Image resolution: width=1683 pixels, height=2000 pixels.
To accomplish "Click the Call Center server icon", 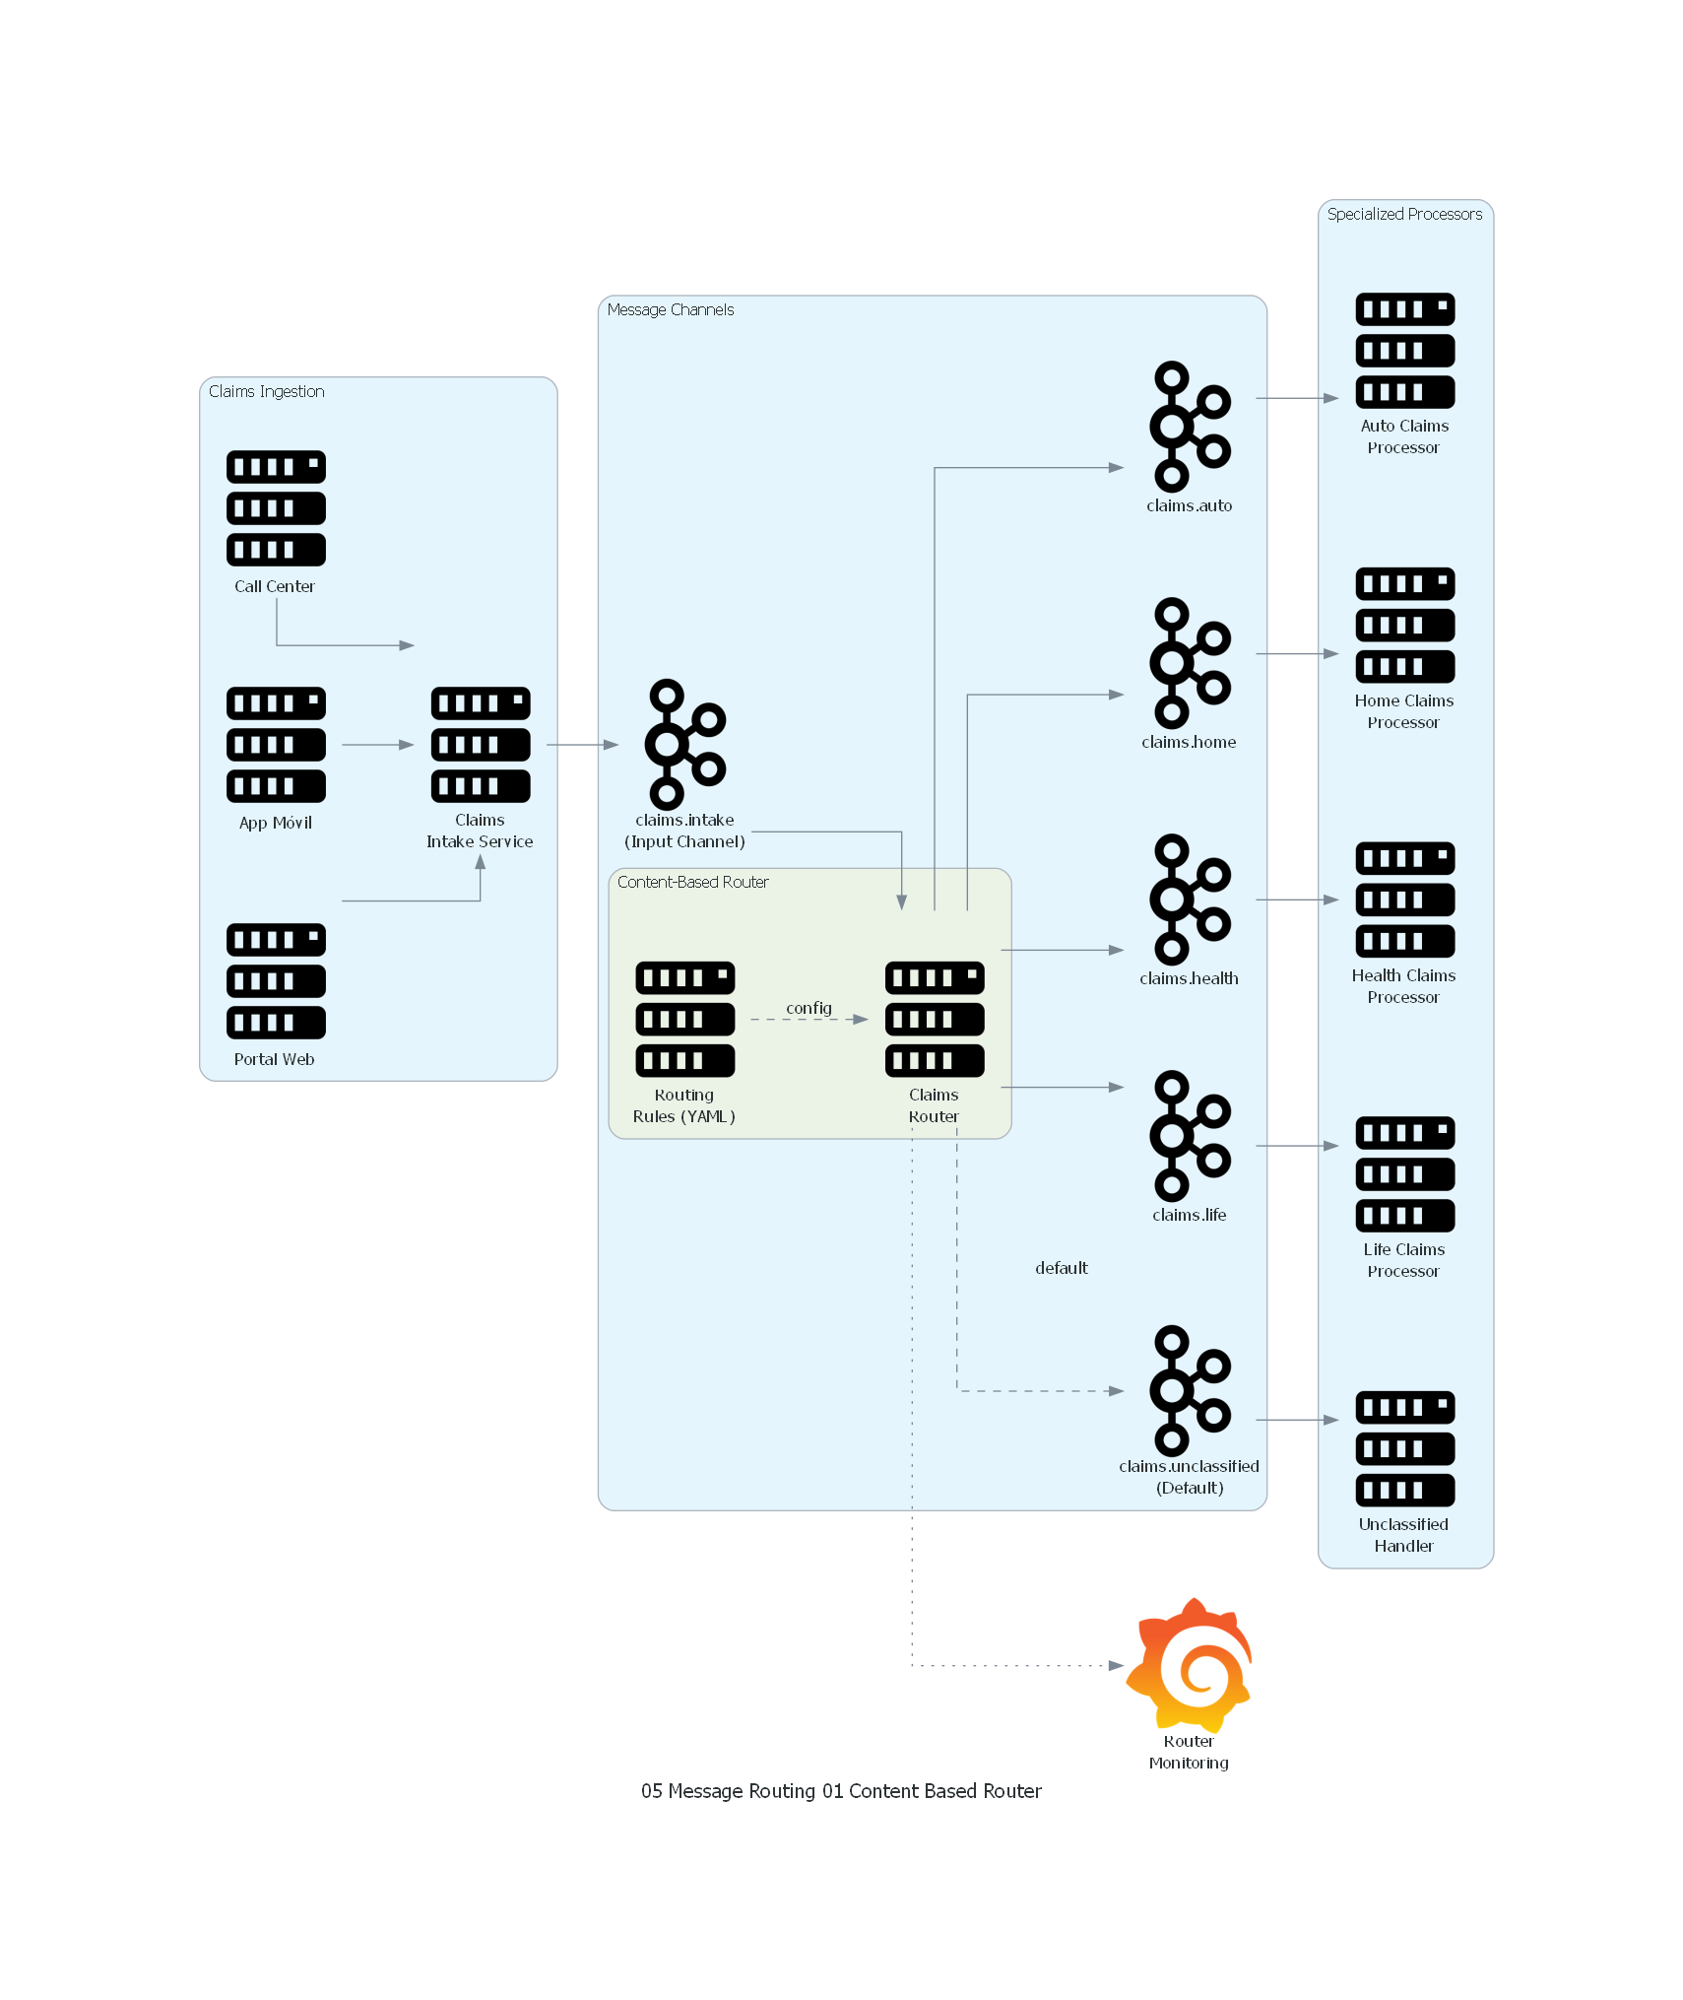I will (x=276, y=508).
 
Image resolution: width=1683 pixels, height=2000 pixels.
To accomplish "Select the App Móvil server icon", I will (x=276, y=745).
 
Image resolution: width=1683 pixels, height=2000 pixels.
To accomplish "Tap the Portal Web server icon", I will (x=276, y=981).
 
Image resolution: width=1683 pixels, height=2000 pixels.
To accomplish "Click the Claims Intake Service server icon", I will (x=481, y=745).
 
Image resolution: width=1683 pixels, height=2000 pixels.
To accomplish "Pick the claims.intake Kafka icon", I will (x=685, y=745).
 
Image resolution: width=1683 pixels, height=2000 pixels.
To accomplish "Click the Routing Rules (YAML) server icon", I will (x=685, y=1019).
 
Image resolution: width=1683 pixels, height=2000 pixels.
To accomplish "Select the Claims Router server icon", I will (x=935, y=1019).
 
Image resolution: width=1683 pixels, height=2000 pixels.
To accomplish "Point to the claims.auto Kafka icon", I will (x=1190, y=427).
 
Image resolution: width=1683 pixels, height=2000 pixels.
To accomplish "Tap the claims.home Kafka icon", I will (x=1190, y=663).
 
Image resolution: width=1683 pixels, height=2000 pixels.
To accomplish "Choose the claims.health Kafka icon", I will (x=1190, y=900).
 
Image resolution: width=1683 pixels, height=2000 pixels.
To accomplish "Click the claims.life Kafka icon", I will (x=1190, y=1136).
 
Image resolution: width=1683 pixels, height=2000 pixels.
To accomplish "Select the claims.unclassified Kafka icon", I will (x=1190, y=1390).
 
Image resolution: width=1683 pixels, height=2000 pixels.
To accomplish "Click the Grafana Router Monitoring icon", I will (x=1190, y=1665).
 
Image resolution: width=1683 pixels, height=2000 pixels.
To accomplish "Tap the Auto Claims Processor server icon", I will (x=1404, y=351).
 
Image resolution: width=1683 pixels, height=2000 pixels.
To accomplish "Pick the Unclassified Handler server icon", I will (x=1404, y=1448).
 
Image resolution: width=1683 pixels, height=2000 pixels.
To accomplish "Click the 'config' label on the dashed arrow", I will (x=809, y=1008).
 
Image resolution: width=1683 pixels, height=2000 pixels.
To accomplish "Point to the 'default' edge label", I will (x=1061, y=1268).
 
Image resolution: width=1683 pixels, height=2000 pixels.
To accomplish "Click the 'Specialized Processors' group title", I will (x=1403, y=214).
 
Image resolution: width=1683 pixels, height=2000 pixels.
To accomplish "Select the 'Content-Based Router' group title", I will (x=692, y=882).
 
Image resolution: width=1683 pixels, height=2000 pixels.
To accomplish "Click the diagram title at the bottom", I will (x=841, y=1791).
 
